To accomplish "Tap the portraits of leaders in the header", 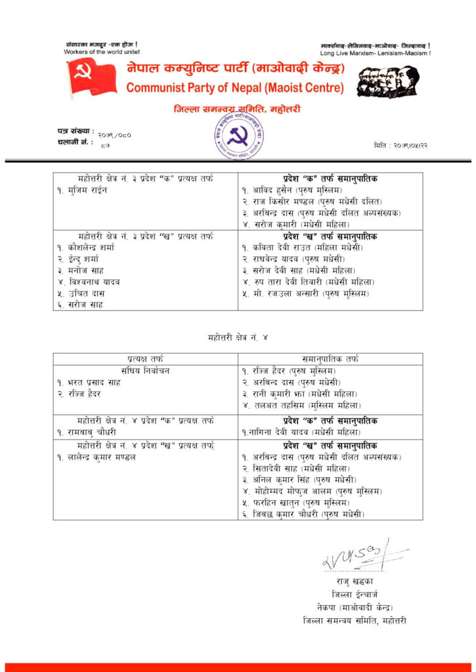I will point(387,82).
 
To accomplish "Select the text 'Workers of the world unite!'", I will point(102,51).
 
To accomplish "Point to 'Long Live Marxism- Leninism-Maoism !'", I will point(375,52).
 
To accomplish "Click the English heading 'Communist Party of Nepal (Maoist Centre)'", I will point(234,88).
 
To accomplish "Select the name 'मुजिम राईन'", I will point(85,190).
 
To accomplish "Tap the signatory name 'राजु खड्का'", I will point(355,581).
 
